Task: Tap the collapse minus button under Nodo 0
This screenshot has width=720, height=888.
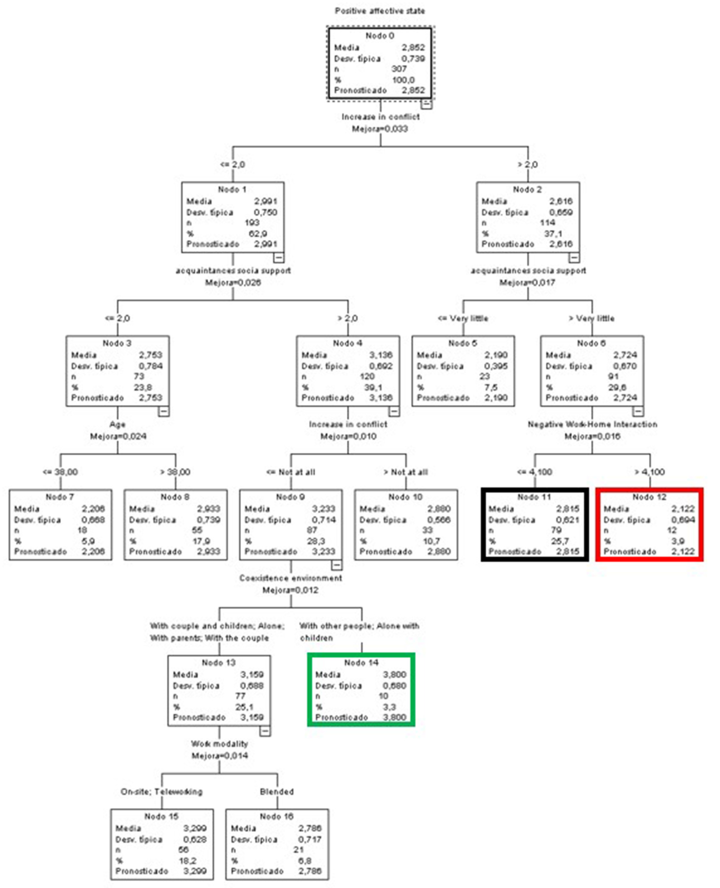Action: (427, 104)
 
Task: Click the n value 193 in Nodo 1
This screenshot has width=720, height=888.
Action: (252, 223)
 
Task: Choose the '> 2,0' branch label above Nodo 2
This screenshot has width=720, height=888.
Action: (527, 165)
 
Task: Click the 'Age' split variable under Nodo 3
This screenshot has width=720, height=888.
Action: (117, 424)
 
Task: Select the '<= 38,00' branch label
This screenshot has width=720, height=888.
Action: (60, 472)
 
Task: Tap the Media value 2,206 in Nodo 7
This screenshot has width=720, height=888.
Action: (93, 509)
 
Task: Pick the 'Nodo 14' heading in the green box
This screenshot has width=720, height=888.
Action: (361, 663)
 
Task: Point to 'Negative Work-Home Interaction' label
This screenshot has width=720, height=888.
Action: (592, 424)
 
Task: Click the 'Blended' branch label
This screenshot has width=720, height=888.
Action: (277, 792)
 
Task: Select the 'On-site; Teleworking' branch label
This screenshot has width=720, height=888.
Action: (161, 792)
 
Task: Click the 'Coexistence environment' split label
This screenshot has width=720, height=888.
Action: (290, 578)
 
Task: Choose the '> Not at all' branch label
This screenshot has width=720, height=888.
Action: (405, 472)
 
